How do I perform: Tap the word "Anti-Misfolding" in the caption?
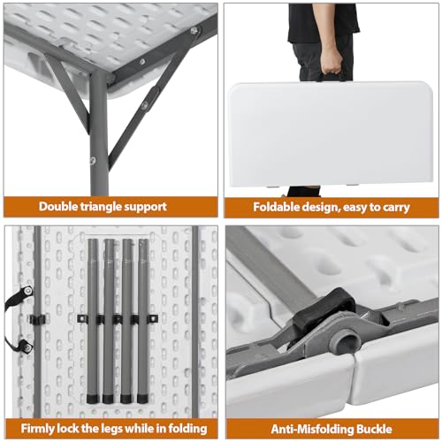313,429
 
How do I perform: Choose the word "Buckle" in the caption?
376,429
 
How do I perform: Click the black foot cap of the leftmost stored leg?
93,399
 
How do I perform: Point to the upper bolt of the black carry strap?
27,291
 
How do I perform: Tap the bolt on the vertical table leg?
93,160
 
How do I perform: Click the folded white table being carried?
330,134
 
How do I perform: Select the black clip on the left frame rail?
38,319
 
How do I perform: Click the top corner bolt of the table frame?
194,30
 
